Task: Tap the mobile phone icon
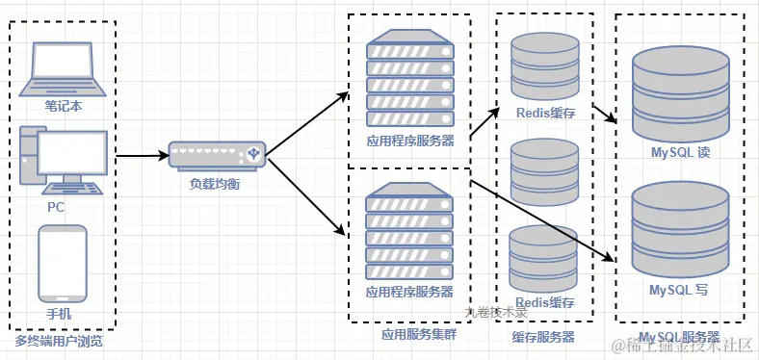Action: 63,262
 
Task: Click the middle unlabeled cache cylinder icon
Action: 543,171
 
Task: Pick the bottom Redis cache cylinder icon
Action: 543,258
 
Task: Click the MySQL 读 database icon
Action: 680,96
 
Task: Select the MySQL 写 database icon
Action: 680,231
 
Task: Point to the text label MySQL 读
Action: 680,153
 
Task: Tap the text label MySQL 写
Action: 680,289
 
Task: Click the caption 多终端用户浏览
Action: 59,341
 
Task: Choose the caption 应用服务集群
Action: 411,336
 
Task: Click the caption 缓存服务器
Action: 543,337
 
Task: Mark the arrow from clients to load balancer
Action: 140,155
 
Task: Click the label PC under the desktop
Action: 56,207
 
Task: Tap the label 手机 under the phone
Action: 59,314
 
